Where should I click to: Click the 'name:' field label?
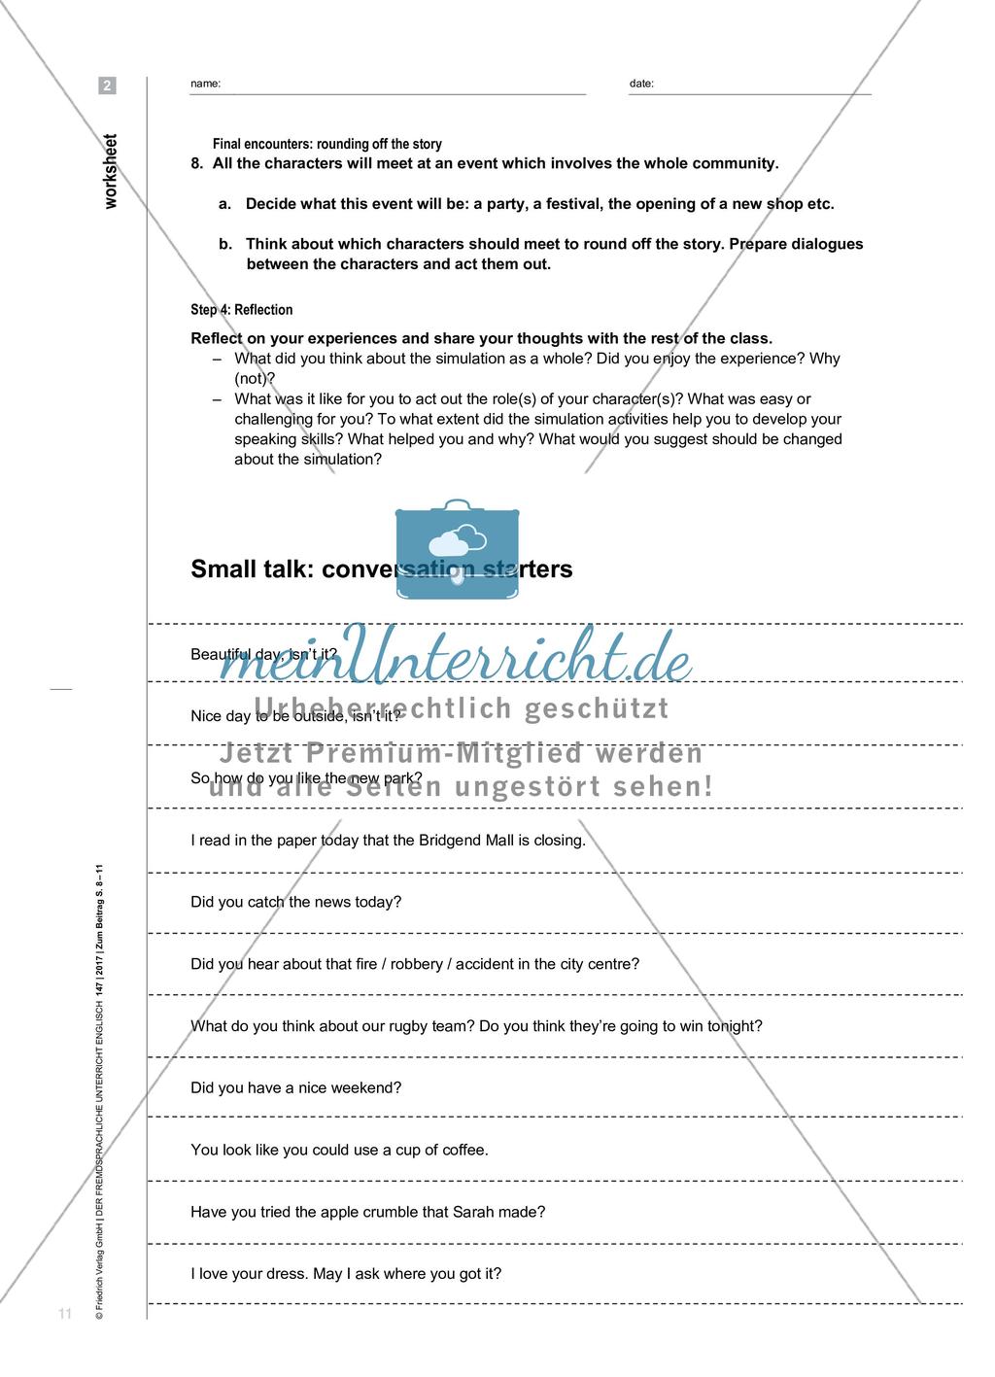(205, 84)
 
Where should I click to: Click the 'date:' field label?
(641, 84)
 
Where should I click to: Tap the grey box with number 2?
(107, 86)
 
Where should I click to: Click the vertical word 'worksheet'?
(110, 171)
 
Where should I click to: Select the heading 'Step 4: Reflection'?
(242, 310)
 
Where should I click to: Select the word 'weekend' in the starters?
(366, 1088)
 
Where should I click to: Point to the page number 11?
(65, 1315)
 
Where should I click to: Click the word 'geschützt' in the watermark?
(597, 709)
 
